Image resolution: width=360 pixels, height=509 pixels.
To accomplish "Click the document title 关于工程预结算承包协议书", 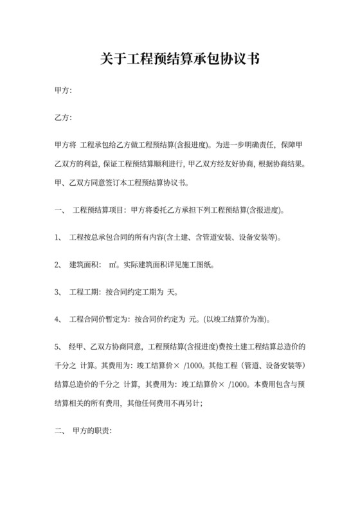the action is click(x=180, y=60).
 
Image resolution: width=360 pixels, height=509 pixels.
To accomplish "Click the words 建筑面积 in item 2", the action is click(x=85, y=264).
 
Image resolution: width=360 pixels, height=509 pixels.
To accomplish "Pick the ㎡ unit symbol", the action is click(x=113, y=264).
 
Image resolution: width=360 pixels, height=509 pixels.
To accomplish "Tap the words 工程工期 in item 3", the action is click(x=85, y=291).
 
